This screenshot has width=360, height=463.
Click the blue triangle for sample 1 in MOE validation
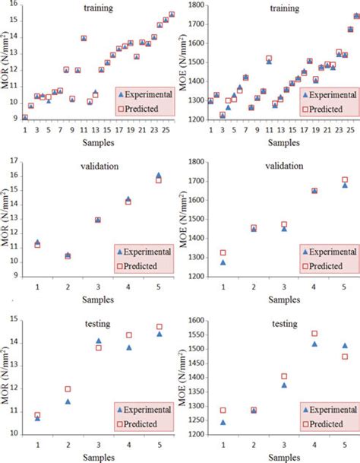(x=223, y=262)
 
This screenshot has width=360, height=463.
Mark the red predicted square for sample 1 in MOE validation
(x=223, y=252)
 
